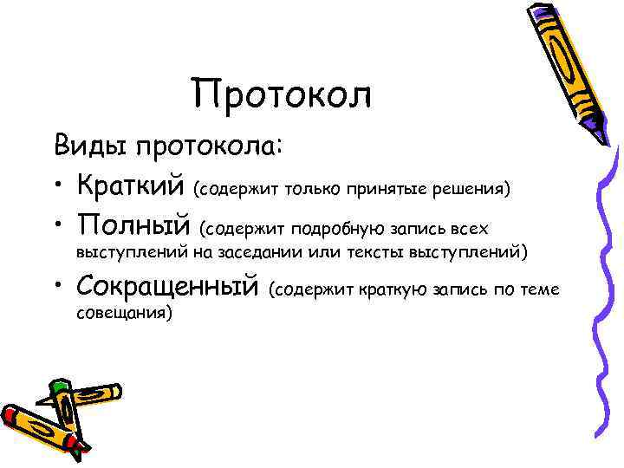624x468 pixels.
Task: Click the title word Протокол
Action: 283,94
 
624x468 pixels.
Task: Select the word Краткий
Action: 131,185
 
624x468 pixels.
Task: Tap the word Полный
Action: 133,227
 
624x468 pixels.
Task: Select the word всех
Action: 470,231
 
